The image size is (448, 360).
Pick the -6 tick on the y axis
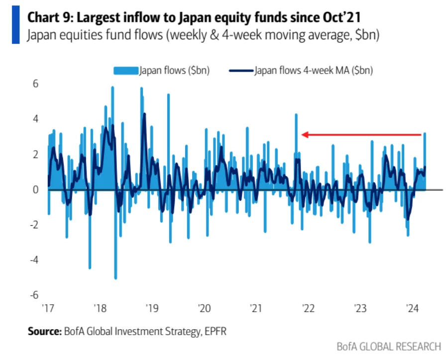(34, 295)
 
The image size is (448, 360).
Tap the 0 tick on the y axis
(35, 189)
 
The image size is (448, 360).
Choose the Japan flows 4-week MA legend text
(314, 71)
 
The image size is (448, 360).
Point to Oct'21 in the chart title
(343, 18)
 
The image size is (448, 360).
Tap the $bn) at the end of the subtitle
(368, 36)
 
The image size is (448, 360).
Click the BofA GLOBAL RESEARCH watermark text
(389, 346)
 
